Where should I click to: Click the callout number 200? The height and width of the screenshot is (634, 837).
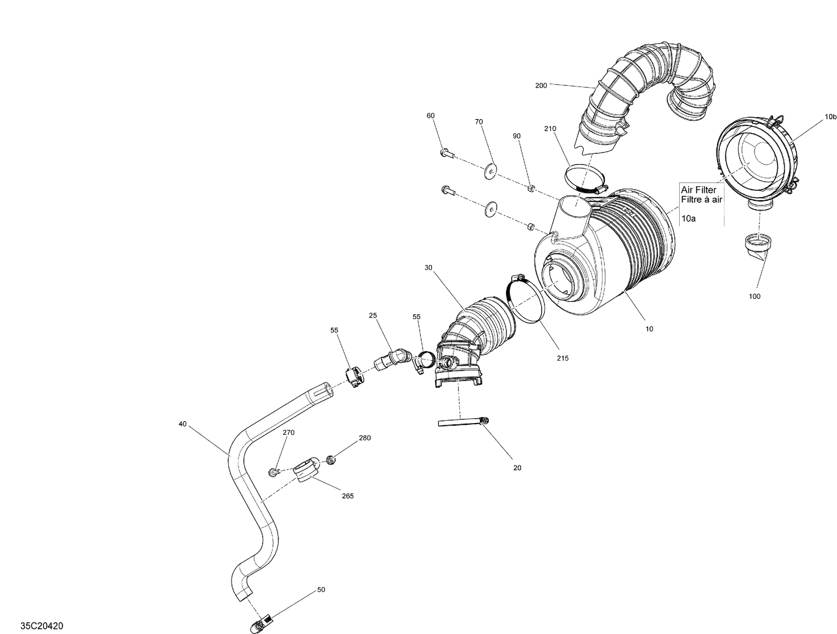coord(541,85)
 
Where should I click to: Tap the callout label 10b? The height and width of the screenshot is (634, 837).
coord(830,117)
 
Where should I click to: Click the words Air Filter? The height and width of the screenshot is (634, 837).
coord(699,190)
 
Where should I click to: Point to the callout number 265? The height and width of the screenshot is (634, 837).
coord(347,496)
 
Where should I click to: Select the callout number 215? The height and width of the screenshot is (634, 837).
coord(562,358)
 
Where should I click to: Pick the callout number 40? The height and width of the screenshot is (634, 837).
coord(182,424)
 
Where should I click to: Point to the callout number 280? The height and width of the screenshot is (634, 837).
coord(364,438)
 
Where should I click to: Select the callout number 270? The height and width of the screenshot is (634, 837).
coord(288,433)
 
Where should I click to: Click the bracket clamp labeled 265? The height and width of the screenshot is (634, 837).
coord(306,469)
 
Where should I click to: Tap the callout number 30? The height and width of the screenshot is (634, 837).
coord(428,268)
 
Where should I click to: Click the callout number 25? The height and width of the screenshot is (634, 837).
coord(373,315)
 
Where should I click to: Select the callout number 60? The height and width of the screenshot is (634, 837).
coord(430,116)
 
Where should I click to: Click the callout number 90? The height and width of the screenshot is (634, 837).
coord(517,136)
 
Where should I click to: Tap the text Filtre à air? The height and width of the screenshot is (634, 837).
coord(701,199)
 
